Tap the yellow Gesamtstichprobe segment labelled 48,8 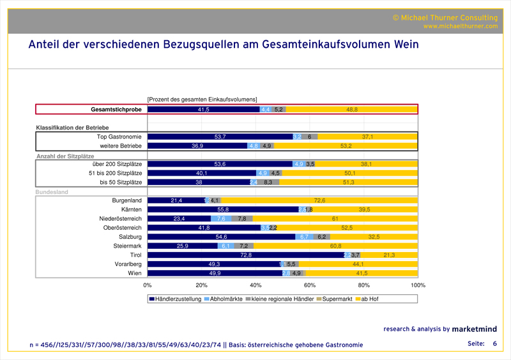click(352, 110)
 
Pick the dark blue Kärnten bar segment click(223, 209)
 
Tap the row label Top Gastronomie click(119, 137)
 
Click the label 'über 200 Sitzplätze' click(117, 164)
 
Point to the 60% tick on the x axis click(310, 285)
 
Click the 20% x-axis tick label click(201, 285)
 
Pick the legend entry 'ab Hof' click(368, 299)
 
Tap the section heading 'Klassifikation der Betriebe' click(75, 128)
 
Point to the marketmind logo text click(478, 329)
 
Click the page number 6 click(494, 344)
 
